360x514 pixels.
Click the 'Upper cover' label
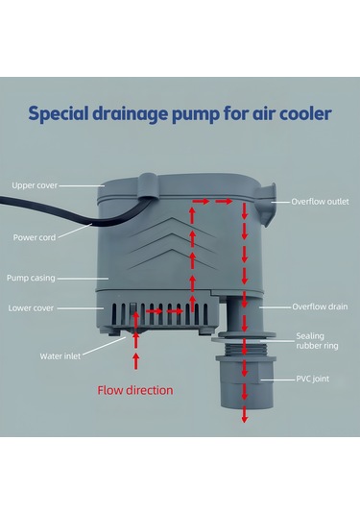pos(34,184)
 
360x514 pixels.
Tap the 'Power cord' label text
pos(34,237)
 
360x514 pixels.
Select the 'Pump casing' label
pos(33,277)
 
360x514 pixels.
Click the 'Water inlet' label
pos(59,355)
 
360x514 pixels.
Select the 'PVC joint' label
pos(313,380)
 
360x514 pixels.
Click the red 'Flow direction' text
pos(135,391)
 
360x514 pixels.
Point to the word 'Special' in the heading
pos(60,114)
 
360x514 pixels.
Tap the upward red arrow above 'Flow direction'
pos(135,361)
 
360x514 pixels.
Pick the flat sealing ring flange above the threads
pos(244,335)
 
